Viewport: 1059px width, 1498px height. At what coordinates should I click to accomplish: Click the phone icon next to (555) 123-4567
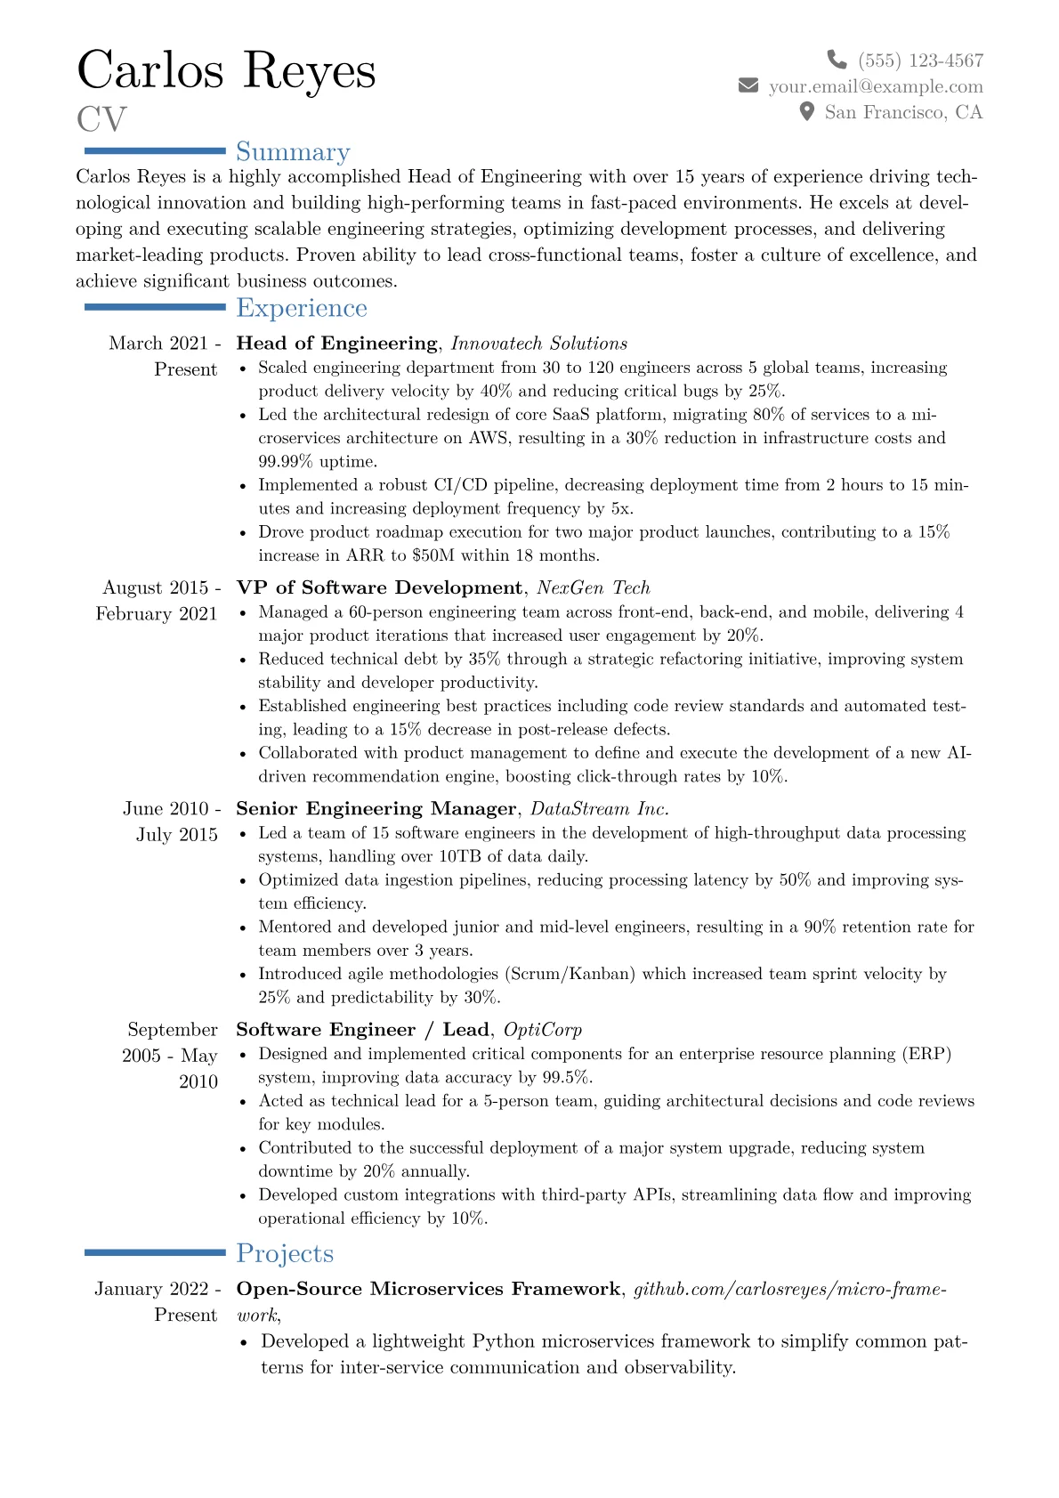[837, 60]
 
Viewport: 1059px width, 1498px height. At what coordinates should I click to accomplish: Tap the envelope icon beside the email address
[748, 85]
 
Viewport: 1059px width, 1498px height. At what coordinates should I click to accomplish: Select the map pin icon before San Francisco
[807, 111]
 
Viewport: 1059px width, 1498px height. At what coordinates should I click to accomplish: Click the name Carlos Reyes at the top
[226, 70]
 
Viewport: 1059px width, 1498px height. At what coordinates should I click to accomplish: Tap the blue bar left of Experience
[155, 307]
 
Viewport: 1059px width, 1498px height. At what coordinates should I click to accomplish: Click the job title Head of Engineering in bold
[336, 343]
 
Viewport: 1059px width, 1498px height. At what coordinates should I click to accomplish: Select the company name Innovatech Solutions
[539, 343]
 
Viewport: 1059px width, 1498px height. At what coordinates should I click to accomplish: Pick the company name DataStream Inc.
[600, 808]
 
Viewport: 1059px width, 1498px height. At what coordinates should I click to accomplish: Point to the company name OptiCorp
[543, 1029]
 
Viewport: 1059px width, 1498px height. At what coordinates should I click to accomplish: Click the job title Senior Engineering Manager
[376, 808]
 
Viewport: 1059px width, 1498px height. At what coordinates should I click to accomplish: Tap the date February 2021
[157, 613]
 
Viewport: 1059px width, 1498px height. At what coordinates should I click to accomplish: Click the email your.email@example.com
[876, 85]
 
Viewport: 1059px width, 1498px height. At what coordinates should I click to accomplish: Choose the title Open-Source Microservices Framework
[428, 1289]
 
